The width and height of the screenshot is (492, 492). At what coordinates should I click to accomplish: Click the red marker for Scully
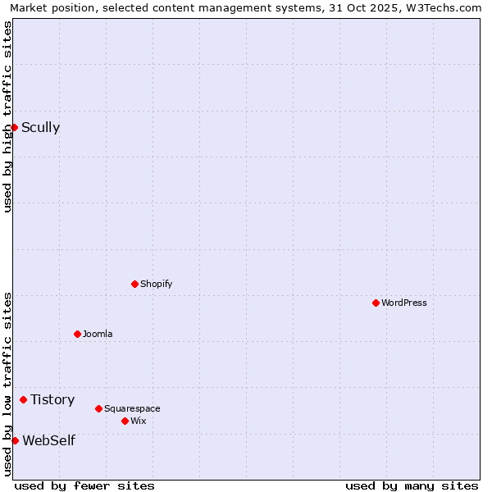point(14,127)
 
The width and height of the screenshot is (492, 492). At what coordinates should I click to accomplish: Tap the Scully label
point(40,127)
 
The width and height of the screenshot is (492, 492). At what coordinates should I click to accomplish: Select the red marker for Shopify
point(134,284)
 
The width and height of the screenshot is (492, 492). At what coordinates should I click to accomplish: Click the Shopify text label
point(156,284)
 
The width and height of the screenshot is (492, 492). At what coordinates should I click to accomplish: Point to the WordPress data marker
point(376,303)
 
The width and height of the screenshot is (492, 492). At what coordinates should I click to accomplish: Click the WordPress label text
point(403,303)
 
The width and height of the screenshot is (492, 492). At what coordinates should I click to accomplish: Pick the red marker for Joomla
point(77,334)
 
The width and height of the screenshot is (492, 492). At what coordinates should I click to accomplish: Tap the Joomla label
point(98,334)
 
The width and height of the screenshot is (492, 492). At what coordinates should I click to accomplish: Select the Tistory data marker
point(23,399)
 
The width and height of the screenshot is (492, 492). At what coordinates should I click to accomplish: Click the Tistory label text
point(52,399)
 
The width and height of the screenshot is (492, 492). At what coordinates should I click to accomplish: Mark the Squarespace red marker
point(98,408)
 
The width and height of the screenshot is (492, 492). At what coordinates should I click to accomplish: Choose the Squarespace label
point(132,408)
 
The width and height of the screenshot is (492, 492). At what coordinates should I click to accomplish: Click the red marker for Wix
point(125,421)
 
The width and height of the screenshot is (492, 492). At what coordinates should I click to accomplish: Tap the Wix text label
point(138,421)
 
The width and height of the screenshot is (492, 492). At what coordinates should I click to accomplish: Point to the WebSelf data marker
point(15,440)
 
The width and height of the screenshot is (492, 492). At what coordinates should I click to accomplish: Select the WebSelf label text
point(48,440)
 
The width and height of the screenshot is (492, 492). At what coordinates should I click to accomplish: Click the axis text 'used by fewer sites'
point(84,485)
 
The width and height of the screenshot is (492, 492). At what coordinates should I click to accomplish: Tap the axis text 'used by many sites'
point(412,485)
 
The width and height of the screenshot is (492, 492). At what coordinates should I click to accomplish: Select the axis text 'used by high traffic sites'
point(7,116)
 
